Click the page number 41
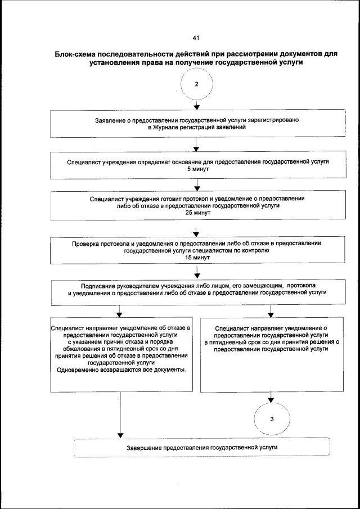[196, 38]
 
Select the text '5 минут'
[196, 169]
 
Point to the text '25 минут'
[196, 213]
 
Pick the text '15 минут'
[196, 258]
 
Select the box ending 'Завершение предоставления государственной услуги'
[201, 448]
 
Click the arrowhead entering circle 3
[271, 400]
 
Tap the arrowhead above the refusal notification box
[120, 314]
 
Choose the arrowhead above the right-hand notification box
[271, 314]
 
